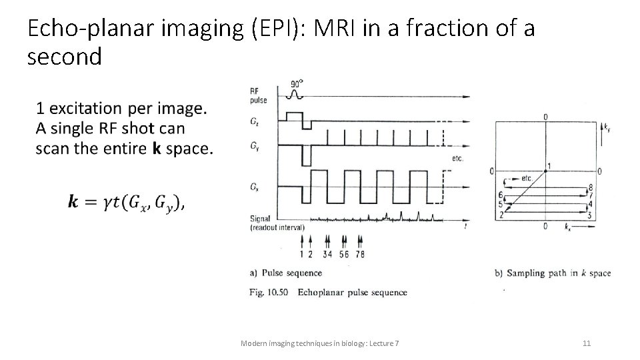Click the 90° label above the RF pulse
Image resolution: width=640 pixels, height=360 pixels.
click(x=297, y=84)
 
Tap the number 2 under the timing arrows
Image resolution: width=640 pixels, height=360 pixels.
click(x=309, y=254)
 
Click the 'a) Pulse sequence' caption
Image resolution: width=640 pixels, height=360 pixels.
click(x=285, y=273)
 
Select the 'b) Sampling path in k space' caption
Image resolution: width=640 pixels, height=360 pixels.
click(x=553, y=273)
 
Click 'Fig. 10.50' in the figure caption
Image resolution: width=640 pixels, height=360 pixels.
click(x=269, y=292)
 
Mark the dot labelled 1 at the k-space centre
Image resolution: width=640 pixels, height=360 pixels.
click(x=545, y=171)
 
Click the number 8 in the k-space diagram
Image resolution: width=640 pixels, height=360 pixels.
click(x=590, y=188)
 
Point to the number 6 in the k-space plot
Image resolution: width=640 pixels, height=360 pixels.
click(x=500, y=195)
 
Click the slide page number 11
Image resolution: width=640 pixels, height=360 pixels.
click(x=587, y=343)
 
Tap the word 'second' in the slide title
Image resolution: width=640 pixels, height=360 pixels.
click(x=65, y=57)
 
